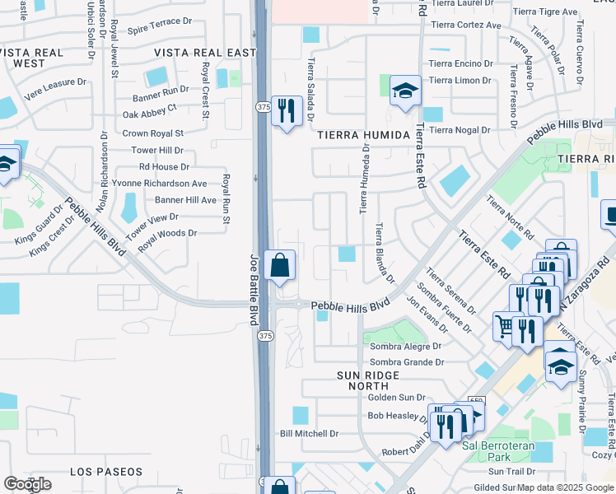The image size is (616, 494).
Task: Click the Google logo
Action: tap(27, 484)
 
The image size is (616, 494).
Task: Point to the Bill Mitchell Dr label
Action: tap(310, 433)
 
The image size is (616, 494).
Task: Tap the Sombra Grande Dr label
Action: tap(407, 361)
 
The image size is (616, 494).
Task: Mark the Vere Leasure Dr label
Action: tap(55, 82)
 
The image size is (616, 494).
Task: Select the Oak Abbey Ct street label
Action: tap(149, 107)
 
